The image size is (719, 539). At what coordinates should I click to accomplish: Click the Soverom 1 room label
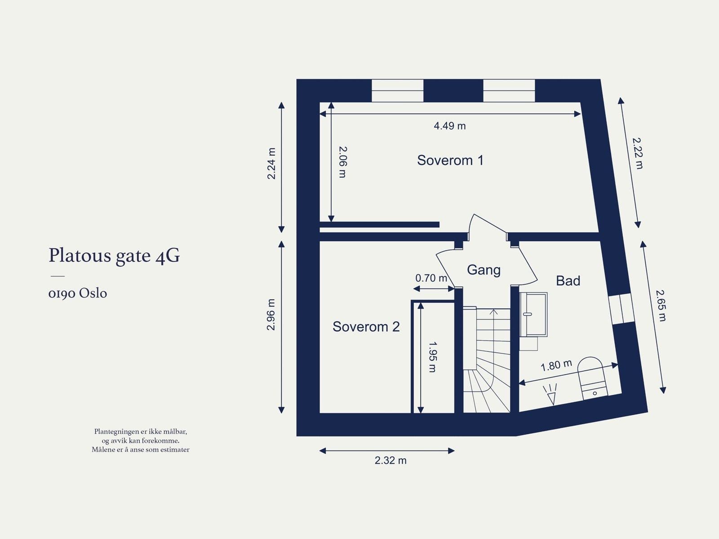[450, 160]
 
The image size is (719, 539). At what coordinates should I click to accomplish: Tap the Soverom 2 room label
[366, 327]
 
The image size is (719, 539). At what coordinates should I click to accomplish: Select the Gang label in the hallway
[484, 269]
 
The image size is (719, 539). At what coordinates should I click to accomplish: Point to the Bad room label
[568, 281]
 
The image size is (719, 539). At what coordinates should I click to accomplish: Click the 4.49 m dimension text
[449, 126]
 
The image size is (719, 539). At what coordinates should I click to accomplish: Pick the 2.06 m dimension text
[342, 162]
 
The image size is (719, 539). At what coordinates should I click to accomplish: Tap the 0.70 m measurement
[431, 278]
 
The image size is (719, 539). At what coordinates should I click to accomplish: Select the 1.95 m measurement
[432, 357]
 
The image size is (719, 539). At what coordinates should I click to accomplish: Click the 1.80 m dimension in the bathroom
[556, 365]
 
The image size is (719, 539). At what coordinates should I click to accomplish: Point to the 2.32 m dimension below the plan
[391, 460]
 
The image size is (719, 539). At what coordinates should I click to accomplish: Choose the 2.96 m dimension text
[271, 314]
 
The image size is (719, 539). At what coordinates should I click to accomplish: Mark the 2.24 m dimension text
[271, 163]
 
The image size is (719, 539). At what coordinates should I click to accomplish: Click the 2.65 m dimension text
[660, 305]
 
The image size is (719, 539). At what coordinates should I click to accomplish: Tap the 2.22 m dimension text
[637, 153]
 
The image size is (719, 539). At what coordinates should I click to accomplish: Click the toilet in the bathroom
[592, 378]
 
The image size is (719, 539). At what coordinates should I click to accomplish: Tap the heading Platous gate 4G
[114, 256]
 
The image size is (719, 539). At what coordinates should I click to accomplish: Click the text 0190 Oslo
[78, 293]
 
